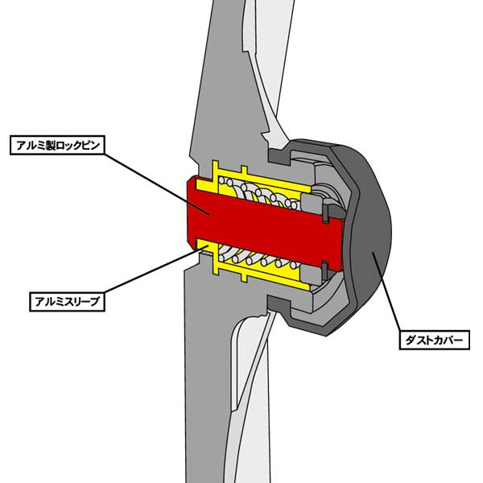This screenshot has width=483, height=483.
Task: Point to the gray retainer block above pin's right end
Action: (x=325, y=197)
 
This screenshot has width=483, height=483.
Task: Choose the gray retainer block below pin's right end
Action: (x=325, y=269)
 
